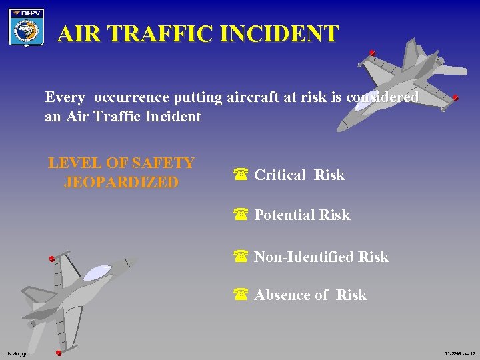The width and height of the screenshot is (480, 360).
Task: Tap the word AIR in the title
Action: click(81, 34)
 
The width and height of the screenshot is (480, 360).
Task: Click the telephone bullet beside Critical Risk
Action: click(241, 175)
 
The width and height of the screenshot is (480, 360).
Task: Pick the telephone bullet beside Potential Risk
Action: click(241, 215)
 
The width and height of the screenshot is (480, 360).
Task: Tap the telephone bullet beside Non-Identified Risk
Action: click(241, 257)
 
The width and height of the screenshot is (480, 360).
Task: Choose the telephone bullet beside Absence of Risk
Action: click(241, 295)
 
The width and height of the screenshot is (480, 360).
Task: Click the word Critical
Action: click(280, 175)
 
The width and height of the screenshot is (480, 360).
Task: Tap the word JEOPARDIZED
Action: click(121, 182)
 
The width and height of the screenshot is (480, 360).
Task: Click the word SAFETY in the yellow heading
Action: click(163, 163)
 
